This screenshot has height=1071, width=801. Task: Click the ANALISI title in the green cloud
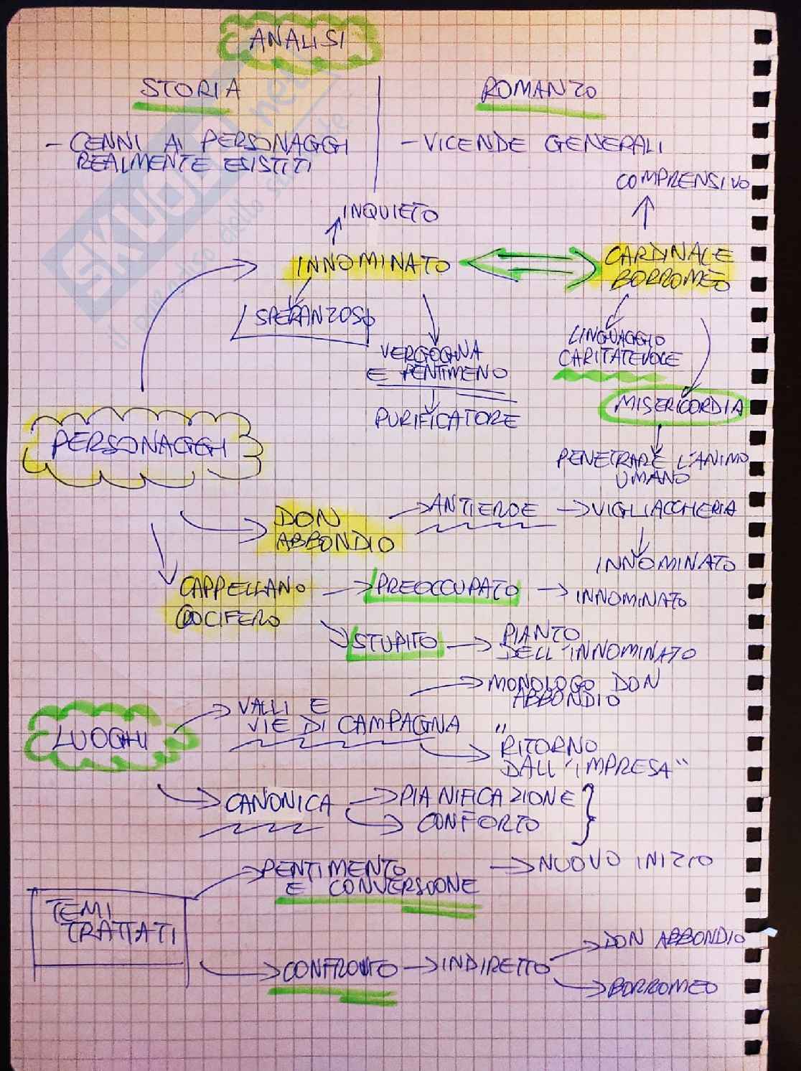pos(296,39)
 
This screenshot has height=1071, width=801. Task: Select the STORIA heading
pos(190,90)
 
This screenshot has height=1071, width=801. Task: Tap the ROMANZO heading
pos(538,91)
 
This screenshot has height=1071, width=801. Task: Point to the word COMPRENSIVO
pos(682,182)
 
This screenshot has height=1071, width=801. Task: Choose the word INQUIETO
pos(391,212)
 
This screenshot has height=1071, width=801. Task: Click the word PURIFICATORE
pos(446,418)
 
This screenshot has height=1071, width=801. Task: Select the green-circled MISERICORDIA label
pos(671,408)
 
